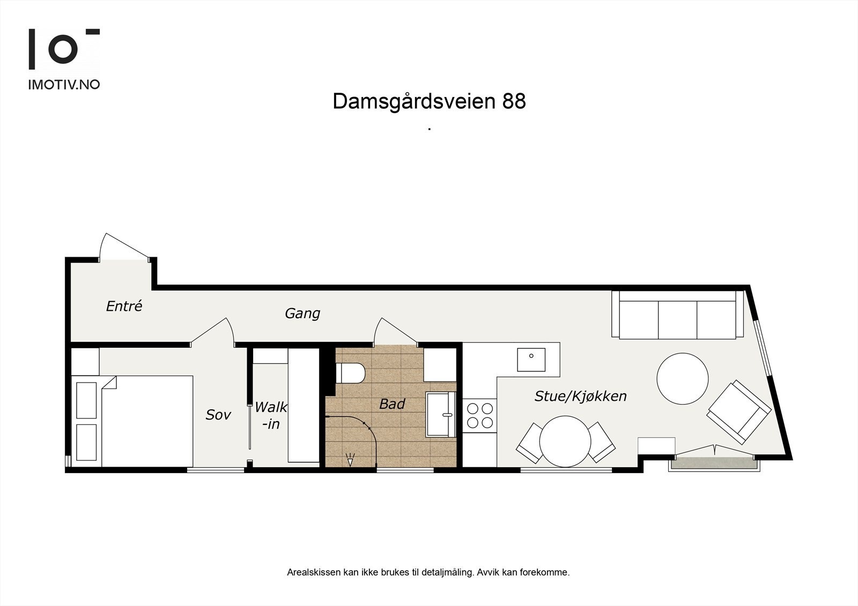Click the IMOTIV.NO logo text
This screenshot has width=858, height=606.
coord(64,84)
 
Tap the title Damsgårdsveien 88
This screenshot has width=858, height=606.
coord(429,101)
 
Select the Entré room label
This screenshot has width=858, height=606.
coord(124,306)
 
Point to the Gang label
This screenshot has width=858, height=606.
coord(302,313)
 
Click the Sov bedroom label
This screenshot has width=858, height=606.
coord(218,414)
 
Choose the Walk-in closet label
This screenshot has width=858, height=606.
coord(271,415)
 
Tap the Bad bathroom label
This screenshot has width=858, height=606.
coord(392,404)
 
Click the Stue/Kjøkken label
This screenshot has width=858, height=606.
coord(580,396)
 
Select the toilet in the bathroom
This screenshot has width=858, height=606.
coord(350,373)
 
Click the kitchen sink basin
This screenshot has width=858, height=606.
coord(531,360)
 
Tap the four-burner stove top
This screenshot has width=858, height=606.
coord(480,415)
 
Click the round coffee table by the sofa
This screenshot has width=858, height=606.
coord(683,379)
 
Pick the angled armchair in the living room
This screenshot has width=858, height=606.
coord(739,412)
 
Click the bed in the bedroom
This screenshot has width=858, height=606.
coord(147,421)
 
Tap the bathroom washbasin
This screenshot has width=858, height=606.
coord(441,414)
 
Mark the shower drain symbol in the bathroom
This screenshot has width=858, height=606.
coord(351,459)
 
